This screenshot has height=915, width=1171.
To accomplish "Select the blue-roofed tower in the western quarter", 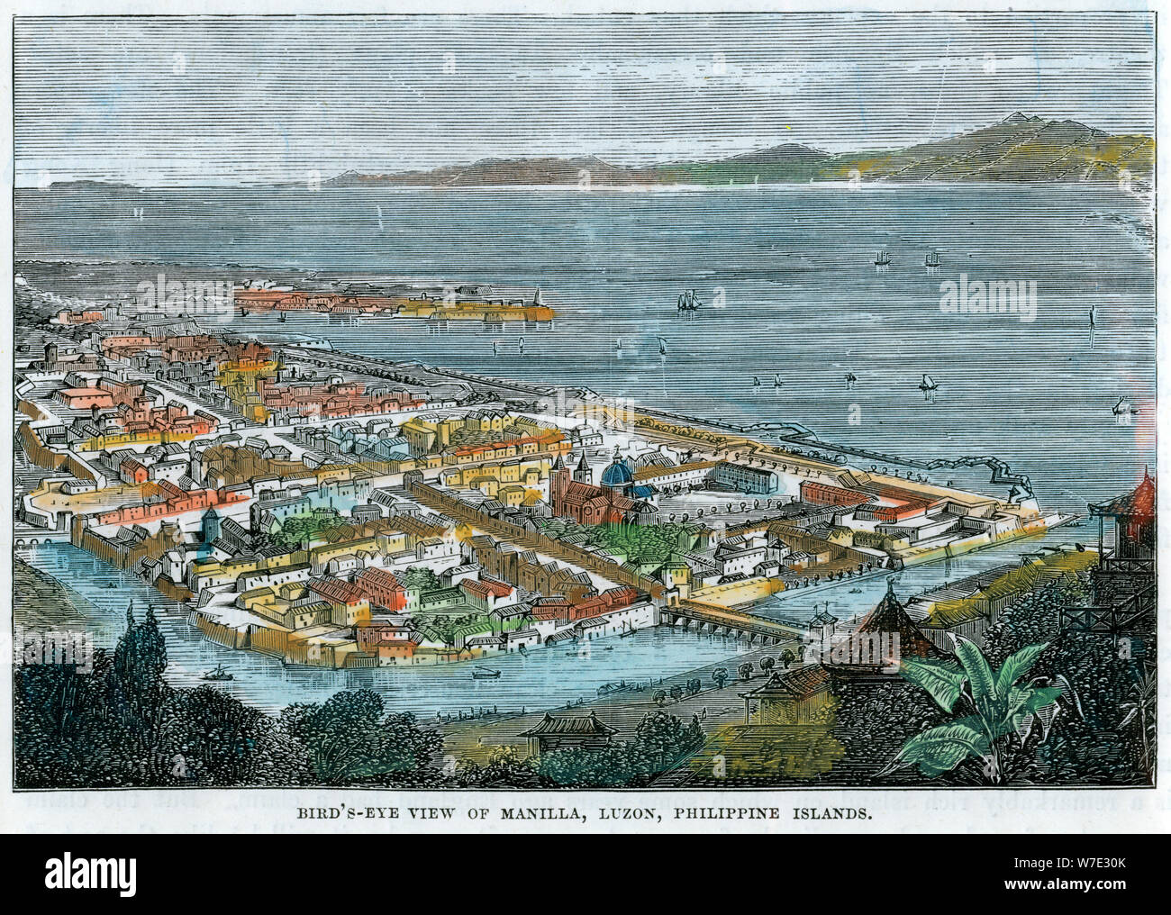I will tap(210, 522).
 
